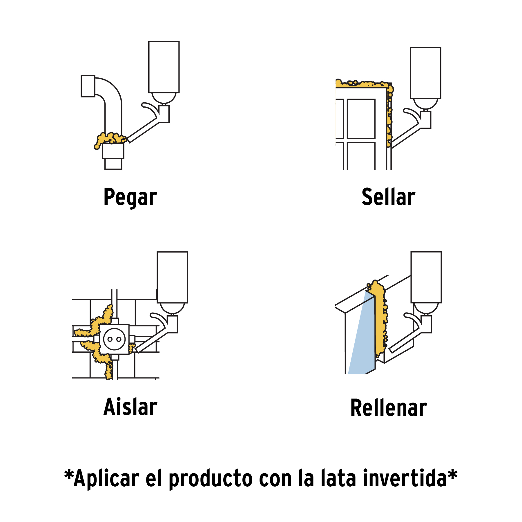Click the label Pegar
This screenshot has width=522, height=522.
tap(130, 197)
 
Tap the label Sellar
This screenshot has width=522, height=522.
tap(388, 197)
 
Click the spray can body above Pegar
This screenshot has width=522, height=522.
tap(164, 67)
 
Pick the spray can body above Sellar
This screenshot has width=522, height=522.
tap(425, 73)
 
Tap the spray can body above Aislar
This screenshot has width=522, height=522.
tap(172, 277)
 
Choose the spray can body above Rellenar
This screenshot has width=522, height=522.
tap(426, 277)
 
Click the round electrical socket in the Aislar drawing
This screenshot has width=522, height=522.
tap(114, 339)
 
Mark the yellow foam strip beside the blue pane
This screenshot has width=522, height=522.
tap(380, 319)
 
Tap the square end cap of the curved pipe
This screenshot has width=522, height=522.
tap(88, 86)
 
